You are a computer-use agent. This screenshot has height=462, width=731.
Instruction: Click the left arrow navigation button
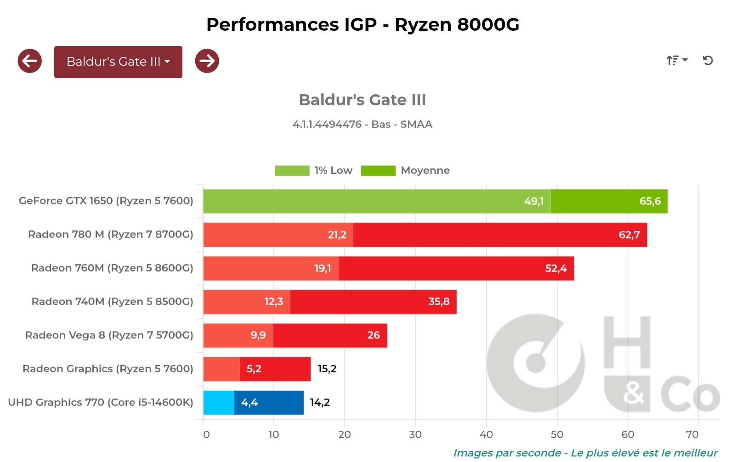(x=30, y=61)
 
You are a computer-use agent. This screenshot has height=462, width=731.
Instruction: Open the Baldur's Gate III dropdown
(x=118, y=62)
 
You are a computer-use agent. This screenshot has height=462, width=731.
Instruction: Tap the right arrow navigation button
(x=207, y=61)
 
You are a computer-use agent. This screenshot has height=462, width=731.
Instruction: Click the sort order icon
(x=676, y=60)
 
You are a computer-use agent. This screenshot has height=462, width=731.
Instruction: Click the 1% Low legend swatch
(x=292, y=171)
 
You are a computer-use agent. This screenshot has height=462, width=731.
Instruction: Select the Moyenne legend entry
(x=425, y=171)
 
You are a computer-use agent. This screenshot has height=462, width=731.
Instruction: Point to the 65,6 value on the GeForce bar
(x=650, y=201)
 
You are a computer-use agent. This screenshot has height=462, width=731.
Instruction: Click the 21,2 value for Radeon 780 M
(x=337, y=235)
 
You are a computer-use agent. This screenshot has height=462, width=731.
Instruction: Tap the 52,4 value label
(x=555, y=268)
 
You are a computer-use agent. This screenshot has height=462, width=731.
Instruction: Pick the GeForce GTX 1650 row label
(x=106, y=201)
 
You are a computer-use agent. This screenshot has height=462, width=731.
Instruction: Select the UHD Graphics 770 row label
(x=101, y=403)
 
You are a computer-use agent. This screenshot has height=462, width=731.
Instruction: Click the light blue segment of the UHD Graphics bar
(x=219, y=403)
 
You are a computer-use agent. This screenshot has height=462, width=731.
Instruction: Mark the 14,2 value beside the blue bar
(x=320, y=403)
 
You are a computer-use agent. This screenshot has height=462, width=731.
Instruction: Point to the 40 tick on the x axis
(x=486, y=434)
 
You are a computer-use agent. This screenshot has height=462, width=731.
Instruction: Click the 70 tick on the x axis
(x=692, y=434)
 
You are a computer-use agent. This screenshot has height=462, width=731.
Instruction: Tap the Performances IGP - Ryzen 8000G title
(x=363, y=24)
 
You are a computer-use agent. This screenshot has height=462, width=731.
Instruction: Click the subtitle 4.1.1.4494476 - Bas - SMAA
(x=363, y=125)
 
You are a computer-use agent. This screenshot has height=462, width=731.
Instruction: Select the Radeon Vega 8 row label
(x=109, y=336)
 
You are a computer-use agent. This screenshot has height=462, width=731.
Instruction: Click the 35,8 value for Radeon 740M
(x=439, y=302)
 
